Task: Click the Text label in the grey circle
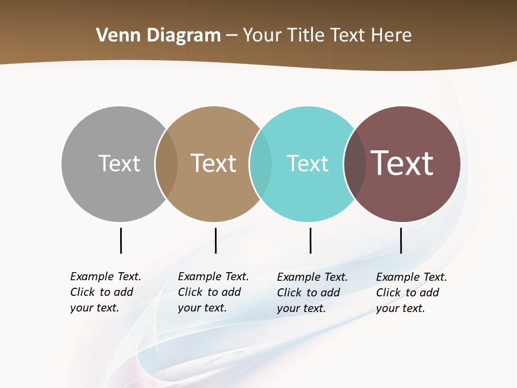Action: [119, 163]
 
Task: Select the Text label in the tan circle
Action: [214, 163]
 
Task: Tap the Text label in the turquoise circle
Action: [308, 163]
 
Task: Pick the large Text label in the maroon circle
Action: [402, 163]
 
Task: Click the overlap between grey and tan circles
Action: [166, 164]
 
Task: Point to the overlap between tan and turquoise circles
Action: [261, 164]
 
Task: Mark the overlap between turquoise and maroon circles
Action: [355, 164]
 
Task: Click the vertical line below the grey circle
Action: [121, 240]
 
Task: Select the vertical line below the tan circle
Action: [215, 240]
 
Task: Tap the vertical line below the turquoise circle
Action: [310, 240]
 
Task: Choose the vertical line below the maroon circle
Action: [401, 240]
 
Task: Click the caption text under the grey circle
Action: [105, 292]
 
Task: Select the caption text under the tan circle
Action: [213, 292]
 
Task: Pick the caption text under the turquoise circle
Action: [312, 293]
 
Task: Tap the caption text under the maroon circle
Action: [411, 293]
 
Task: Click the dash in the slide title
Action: [232, 36]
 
